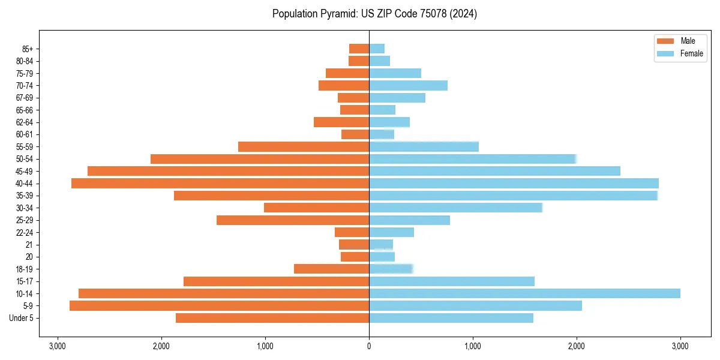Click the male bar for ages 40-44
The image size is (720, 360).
pos(220,183)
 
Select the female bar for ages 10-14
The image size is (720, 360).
pos(524,293)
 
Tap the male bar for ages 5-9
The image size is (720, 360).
pos(219,305)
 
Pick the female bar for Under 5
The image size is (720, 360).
pos(451,318)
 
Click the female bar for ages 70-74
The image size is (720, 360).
pos(408,85)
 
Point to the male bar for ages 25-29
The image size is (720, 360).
pos(293,220)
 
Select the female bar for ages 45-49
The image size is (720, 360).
pos(494,171)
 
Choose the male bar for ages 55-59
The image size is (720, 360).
pos(304,146)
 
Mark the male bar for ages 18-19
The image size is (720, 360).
pos(331,269)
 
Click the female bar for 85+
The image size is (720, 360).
pos(377,49)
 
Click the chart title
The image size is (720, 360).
pos(374,14)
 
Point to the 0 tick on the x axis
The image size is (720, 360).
pos(369,346)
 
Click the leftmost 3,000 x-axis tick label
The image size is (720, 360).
pos(58,346)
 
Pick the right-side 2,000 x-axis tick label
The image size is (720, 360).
pos(577,346)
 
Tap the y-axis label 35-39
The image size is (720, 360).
pos(29,196)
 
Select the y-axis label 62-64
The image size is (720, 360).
pos(29,122)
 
